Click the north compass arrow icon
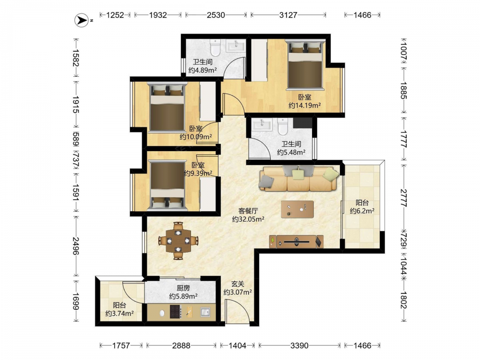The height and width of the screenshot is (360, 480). [82, 20]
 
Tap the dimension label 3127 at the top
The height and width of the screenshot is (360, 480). [288, 15]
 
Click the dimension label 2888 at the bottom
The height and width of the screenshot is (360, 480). [181, 346]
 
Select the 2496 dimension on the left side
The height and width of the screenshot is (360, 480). [76, 246]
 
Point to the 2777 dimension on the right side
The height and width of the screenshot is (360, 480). [404, 198]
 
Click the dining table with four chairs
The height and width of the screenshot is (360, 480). [178, 241]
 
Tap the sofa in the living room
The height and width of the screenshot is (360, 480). [299, 179]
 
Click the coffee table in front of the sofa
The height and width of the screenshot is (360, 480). [297, 209]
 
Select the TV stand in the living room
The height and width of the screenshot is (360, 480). [296, 241]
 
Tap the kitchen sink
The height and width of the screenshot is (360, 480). [205, 312]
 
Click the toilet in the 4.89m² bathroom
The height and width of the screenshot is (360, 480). [216, 48]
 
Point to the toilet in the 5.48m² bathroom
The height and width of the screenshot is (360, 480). [283, 127]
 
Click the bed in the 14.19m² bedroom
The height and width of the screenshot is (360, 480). [305, 65]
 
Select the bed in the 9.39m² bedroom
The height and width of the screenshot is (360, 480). [167, 185]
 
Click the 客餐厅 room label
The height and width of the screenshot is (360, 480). [248, 211]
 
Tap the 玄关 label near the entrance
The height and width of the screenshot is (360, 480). [238, 284]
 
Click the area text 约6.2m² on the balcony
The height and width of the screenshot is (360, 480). [362, 211]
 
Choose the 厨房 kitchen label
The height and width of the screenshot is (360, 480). [183, 288]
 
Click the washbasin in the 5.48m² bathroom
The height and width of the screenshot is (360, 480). [262, 125]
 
